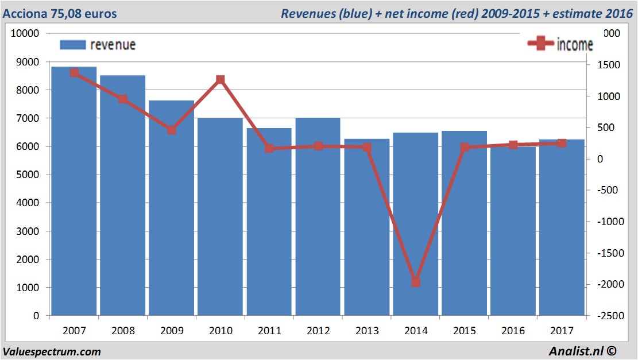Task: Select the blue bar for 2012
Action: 318,218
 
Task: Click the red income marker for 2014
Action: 416,282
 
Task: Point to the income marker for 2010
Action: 221,80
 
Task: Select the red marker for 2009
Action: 172,130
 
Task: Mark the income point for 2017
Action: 562,143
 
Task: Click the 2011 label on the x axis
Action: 269,331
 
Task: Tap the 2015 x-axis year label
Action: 465,331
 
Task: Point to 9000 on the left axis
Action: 25,62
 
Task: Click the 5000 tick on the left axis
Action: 25,175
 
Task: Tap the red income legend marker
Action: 540,44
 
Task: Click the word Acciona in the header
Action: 24,13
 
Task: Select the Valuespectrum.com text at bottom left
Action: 52,351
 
